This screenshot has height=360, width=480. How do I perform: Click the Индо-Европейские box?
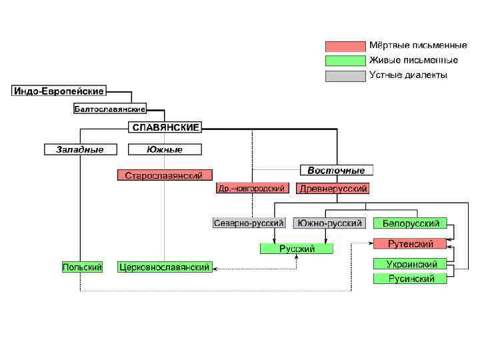tap(59, 91)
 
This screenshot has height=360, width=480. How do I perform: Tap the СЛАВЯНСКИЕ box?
tap(165, 127)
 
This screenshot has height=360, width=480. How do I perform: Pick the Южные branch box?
tap(165, 149)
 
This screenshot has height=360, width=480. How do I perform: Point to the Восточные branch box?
tap(336, 170)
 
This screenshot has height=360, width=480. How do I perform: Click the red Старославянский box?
tap(165, 175)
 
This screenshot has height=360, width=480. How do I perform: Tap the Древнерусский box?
tap(333, 189)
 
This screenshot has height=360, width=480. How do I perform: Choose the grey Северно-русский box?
tap(249, 223)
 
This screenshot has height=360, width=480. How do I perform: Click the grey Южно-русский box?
tap(329, 223)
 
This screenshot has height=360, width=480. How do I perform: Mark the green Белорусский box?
tap(410, 223)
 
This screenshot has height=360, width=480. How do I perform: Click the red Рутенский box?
tap(410, 243)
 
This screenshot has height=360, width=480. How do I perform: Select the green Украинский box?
tap(410, 264)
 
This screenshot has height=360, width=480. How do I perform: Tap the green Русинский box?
tap(410, 279)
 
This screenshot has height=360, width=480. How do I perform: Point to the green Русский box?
tap(297, 249)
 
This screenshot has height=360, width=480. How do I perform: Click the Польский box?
tap(82, 267)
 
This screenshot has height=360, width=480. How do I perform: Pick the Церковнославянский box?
tap(165, 267)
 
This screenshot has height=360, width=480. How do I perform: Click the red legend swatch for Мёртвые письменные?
tap(345, 47)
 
